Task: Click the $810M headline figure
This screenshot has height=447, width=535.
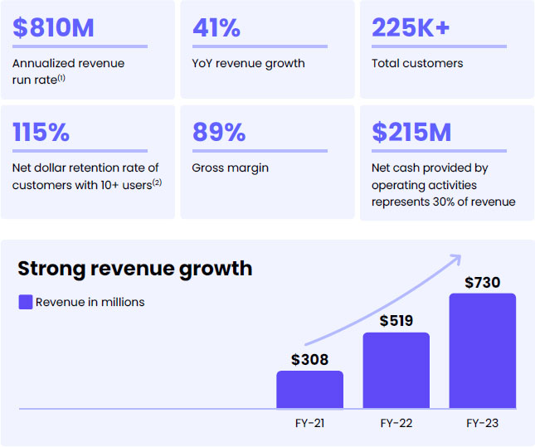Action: click(53, 27)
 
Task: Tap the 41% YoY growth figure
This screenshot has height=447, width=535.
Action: click(216, 27)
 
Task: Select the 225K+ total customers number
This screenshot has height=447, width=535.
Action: click(411, 27)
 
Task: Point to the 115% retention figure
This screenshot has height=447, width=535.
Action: click(41, 132)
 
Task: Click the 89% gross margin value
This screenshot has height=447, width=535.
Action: click(218, 132)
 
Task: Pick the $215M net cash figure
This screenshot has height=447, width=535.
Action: click(413, 132)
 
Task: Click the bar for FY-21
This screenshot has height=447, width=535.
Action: click(309, 390)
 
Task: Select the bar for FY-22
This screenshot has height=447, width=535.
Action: click(396, 371)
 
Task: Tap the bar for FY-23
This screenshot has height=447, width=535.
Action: click(483, 351)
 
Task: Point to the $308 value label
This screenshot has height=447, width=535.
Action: click(309, 360)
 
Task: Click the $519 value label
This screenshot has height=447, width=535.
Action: click(396, 321)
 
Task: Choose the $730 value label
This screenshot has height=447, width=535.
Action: click(483, 282)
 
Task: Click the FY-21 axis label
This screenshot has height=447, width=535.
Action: click(309, 423)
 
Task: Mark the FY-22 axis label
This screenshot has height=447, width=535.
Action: click(396, 423)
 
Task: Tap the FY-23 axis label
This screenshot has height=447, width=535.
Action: click(483, 423)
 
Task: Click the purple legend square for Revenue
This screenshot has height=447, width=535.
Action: click(26, 302)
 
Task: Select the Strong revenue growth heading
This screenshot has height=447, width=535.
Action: click(135, 269)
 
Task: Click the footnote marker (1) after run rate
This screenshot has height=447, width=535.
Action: click(61, 78)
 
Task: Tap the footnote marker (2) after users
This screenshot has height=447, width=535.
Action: click(156, 182)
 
